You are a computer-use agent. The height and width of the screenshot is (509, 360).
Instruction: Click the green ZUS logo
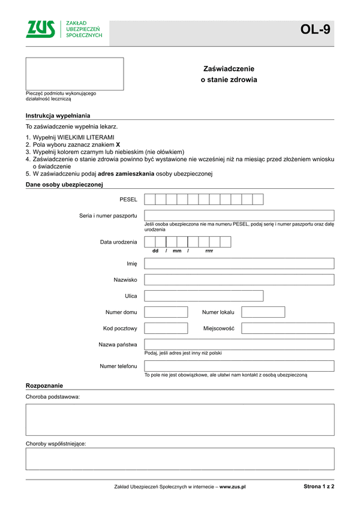(x=40, y=29)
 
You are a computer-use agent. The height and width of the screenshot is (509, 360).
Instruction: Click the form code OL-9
(x=316, y=29)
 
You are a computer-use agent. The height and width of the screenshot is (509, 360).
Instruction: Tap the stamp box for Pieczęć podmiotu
(x=74, y=74)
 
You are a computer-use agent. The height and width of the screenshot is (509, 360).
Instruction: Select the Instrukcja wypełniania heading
(x=58, y=115)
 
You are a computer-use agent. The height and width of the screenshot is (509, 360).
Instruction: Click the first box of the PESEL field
(x=150, y=199)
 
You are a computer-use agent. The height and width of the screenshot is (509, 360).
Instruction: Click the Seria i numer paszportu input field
(x=239, y=215)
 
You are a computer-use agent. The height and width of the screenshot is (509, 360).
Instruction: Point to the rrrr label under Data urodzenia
(x=209, y=251)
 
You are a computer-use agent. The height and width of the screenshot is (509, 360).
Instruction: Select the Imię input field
(x=239, y=263)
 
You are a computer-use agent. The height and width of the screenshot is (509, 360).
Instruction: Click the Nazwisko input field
(x=239, y=279)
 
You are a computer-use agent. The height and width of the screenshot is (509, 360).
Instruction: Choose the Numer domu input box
(x=166, y=312)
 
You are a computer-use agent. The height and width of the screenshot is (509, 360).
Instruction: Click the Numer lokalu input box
(x=263, y=312)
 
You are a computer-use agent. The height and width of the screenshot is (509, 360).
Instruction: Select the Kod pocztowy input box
(x=166, y=328)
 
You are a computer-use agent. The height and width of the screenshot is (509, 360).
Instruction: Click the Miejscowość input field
(x=287, y=328)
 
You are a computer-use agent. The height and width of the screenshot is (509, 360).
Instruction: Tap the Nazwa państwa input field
(x=239, y=344)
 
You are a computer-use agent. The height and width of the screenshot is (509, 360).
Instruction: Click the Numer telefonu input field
(x=239, y=366)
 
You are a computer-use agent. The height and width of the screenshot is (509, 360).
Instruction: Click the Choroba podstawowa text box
(x=179, y=419)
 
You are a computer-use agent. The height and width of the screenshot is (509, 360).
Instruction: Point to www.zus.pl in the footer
(x=233, y=487)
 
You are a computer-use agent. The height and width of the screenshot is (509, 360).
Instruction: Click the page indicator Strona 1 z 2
(x=319, y=487)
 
